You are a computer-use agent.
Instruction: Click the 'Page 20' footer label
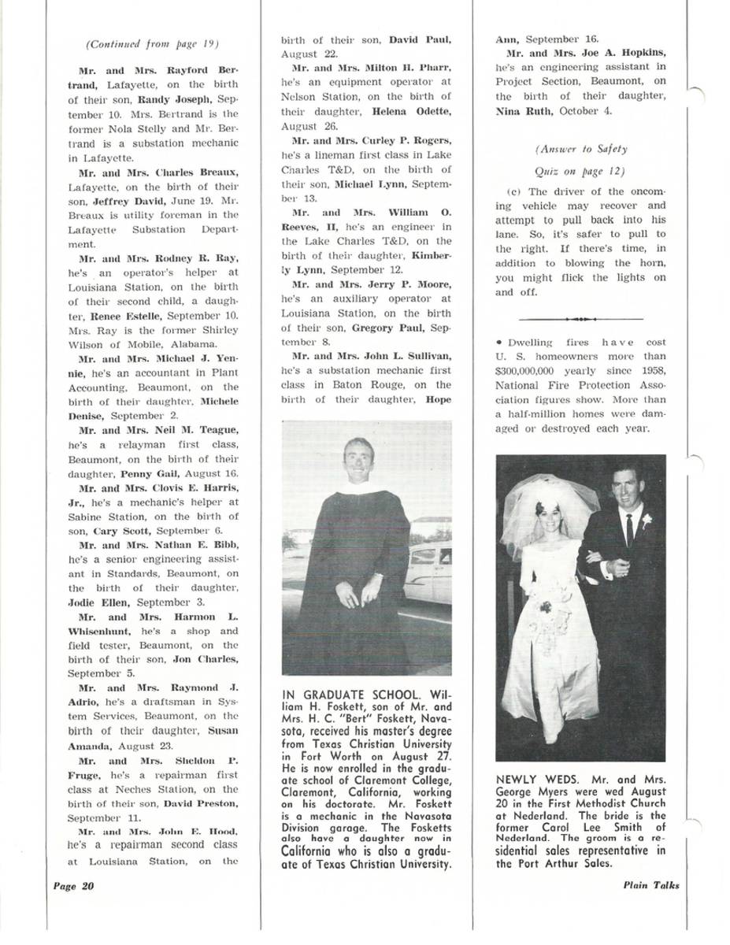(73, 885)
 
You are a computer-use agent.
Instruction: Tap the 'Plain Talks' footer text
(650, 885)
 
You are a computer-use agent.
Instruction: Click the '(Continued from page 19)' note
(152, 43)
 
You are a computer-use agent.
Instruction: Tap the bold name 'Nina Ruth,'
(524, 110)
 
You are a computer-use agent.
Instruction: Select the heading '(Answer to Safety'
(581, 149)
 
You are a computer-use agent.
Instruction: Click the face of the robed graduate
(358, 459)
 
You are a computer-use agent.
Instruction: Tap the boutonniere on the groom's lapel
(647, 521)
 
